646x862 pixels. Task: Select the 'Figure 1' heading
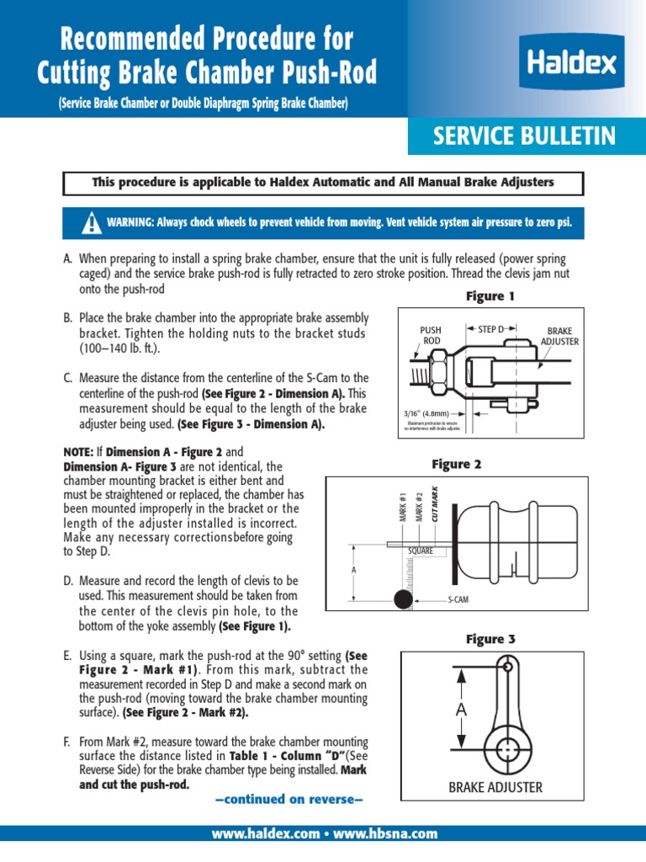(490, 296)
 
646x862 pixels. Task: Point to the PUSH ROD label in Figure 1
(431, 335)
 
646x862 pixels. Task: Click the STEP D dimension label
(493, 328)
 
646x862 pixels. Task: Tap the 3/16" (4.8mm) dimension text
(426, 414)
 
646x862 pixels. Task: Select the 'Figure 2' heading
(456, 464)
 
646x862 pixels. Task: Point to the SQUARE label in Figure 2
(421, 551)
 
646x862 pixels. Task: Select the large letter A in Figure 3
(460, 710)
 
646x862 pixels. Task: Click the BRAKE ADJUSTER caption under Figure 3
(495, 788)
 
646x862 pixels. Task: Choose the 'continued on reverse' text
(289, 798)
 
